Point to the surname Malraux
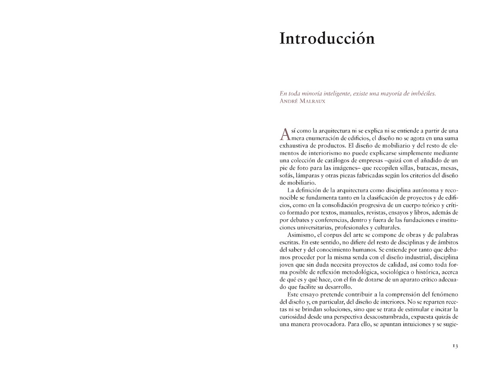click(x=311, y=101)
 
